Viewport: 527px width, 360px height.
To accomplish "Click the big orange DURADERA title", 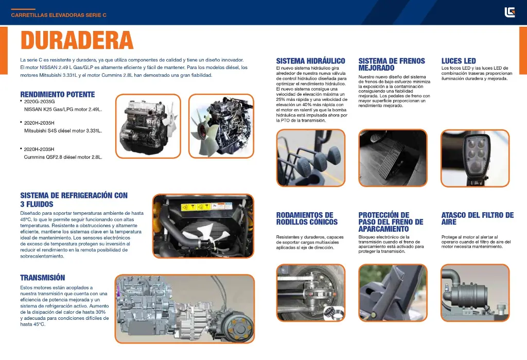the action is click(x=77, y=40).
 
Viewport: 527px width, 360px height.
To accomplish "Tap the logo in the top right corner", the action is click(x=510, y=12).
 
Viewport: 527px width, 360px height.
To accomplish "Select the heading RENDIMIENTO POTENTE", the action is click(x=58, y=95).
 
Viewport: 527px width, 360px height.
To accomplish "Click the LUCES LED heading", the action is click(x=459, y=61).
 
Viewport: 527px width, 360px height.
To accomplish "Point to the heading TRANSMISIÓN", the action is click(x=43, y=278).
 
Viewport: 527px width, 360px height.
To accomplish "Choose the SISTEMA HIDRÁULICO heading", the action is click(x=310, y=61).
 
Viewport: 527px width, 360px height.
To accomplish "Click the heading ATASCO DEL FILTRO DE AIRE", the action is click(x=477, y=218).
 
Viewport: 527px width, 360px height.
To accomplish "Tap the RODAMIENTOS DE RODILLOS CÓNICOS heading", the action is click(x=307, y=218).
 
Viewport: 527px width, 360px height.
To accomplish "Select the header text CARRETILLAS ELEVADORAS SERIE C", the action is click(x=59, y=15).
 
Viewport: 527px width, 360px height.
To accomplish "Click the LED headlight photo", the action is click(x=475, y=158).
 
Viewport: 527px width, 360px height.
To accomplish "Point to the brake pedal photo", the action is click(x=393, y=158).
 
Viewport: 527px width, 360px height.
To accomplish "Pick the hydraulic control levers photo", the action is click(x=311, y=158).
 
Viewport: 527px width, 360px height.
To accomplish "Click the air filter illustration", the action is click(x=475, y=293).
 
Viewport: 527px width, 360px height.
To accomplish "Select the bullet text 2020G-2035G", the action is click(x=39, y=101).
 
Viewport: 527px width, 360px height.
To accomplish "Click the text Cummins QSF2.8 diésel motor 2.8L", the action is click(x=63, y=157).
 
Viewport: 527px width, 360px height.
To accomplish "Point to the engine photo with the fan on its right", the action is click(x=148, y=126).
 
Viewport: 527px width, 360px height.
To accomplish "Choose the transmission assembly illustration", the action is click(x=185, y=309).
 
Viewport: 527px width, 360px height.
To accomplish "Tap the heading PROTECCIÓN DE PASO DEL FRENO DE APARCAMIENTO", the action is click(x=391, y=222).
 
